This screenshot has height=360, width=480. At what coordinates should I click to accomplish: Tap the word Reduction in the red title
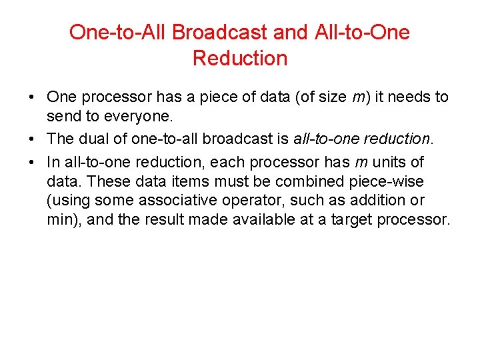coord(240,58)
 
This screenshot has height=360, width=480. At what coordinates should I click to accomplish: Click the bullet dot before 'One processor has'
coord(32,97)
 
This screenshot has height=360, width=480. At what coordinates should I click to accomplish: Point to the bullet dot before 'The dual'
coord(32,139)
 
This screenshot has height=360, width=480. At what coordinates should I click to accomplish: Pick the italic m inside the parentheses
coord(359,97)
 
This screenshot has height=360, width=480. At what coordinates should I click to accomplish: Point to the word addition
coord(396,201)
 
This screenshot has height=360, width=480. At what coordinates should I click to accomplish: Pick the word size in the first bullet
coord(330,97)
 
